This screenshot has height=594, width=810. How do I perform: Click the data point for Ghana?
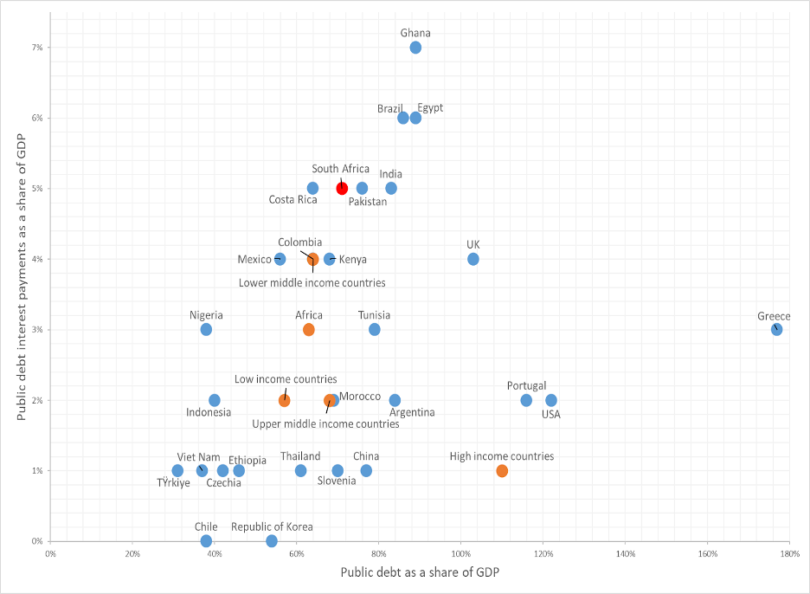tap(415, 48)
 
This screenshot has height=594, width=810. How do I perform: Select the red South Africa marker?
tap(342, 188)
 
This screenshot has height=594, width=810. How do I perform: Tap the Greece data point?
tap(776, 329)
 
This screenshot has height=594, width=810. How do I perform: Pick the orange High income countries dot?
tap(502, 471)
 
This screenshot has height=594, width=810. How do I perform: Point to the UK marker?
tap(473, 259)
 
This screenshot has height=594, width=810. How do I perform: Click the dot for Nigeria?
tap(206, 329)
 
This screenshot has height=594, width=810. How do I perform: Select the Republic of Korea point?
tap(272, 541)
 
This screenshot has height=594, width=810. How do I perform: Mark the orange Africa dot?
tap(309, 330)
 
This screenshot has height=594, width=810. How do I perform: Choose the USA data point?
tap(551, 400)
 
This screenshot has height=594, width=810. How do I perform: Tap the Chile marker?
tap(206, 541)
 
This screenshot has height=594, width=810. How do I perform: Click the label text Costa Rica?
tap(293, 200)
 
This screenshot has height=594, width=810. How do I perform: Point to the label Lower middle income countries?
tap(312, 282)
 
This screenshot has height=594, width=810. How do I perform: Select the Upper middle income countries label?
tap(325, 424)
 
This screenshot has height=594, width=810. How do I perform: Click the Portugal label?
tap(527, 386)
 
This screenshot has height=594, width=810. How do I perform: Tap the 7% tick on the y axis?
tap(36, 47)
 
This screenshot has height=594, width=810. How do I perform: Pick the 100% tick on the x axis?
tap(460, 553)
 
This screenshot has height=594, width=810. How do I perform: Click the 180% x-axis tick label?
tap(788, 553)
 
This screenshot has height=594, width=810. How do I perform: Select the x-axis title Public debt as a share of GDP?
tap(420, 572)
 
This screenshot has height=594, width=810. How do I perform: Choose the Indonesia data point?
tap(215, 400)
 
